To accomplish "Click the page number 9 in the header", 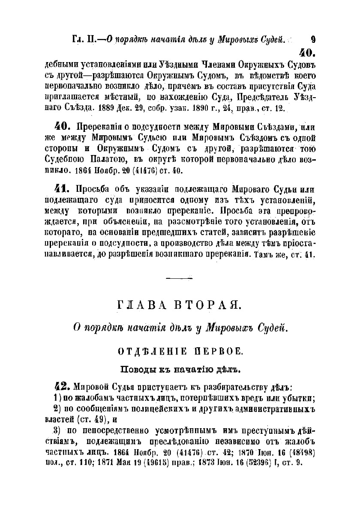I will pyautogui.click(x=312, y=40).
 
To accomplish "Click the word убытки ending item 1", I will pyautogui.click(x=302, y=398).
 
